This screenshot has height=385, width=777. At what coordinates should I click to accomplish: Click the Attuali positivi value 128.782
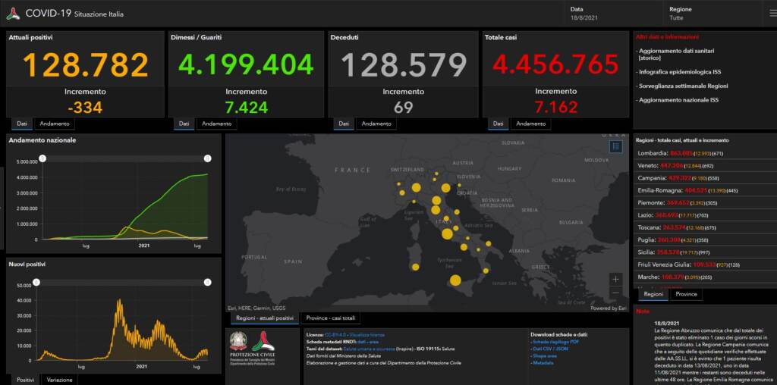(x=86, y=65)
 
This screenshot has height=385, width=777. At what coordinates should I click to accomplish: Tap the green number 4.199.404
(x=241, y=65)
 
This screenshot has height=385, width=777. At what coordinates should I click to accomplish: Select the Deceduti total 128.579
(x=403, y=65)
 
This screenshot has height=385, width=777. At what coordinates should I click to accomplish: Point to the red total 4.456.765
(x=555, y=65)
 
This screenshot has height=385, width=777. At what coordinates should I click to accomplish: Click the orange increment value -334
(x=84, y=108)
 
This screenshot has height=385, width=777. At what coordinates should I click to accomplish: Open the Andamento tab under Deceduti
(x=376, y=124)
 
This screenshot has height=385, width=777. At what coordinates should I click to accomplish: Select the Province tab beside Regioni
(x=686, y=294)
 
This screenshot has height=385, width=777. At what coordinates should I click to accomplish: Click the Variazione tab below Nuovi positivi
(x=59, y=379)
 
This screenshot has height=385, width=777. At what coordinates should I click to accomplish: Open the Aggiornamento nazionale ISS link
(x=677, y=100)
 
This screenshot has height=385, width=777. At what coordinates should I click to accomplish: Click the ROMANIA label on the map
(x=564, y=180)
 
